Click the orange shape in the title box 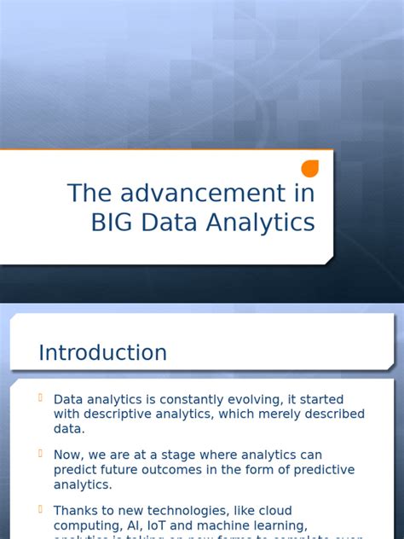coord(309,169)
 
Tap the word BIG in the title coord(112,223)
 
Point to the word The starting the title coord(88,194)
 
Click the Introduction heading coord(102,352)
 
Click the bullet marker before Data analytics coord(40,398)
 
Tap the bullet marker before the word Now coord(40,455)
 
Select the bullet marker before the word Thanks coord(40,510)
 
